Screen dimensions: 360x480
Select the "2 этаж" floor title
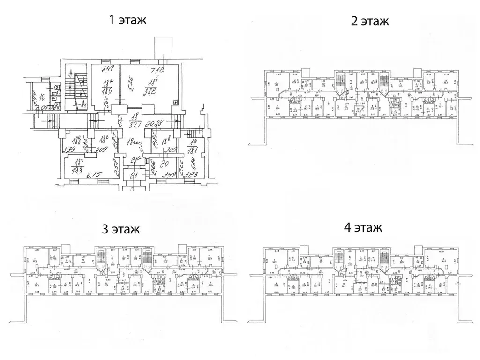click(370, 22)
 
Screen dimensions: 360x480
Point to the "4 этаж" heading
click(363, 228)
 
